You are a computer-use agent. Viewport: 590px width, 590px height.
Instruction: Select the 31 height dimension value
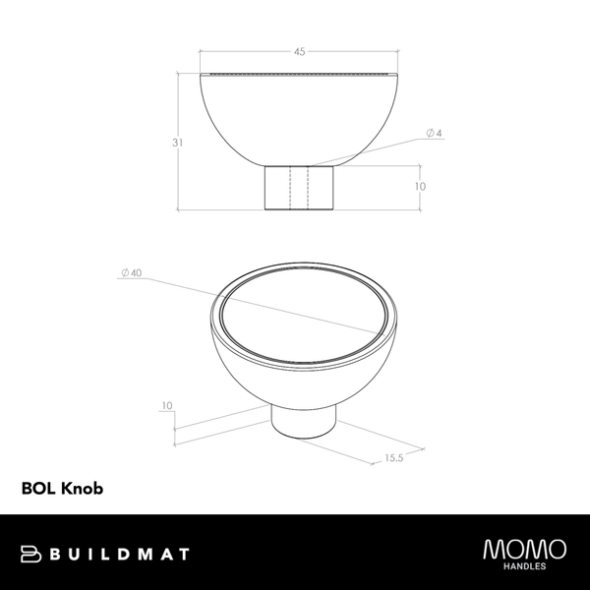tap(177, 143)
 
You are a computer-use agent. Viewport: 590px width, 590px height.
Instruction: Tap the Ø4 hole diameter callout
tap(434, 132)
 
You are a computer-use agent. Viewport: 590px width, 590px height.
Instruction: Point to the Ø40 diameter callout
tap(130, 272)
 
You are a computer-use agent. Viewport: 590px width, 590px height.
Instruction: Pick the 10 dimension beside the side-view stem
tap(420, 186)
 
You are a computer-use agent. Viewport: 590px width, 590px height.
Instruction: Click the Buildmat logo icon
tap(30, 555)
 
